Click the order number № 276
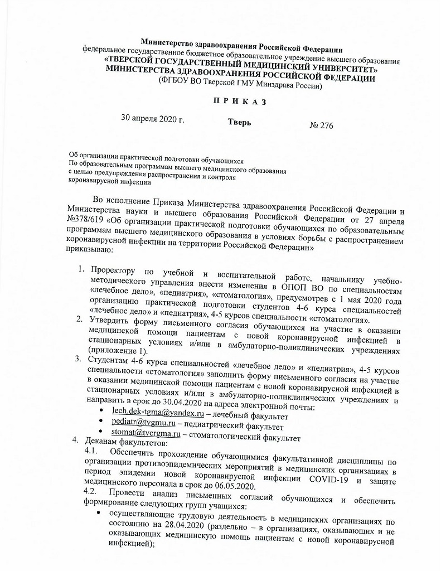pyautogui.click(x=321, y=125)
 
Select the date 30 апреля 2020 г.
pyautogui.click(x=152, y=119)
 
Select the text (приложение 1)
pyautogui.click(x=118, y=351)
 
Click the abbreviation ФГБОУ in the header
pyautogui.click(x=176, y=86)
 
